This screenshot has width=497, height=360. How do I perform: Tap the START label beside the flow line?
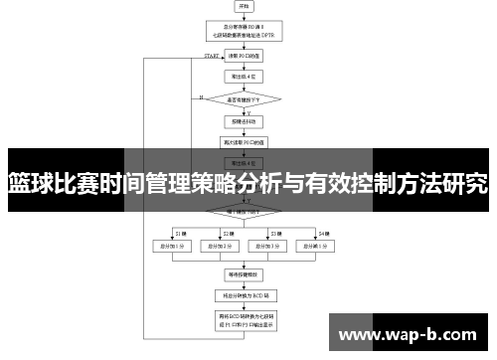click(x=212, y=57)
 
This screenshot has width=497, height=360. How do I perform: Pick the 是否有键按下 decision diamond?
click(x=245, y=98)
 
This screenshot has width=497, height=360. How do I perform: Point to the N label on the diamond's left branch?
click(x=201, y=96)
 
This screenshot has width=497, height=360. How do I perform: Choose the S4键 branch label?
click(x=322, y=233)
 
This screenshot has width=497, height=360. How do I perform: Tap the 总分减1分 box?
click(x=318, y=245)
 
